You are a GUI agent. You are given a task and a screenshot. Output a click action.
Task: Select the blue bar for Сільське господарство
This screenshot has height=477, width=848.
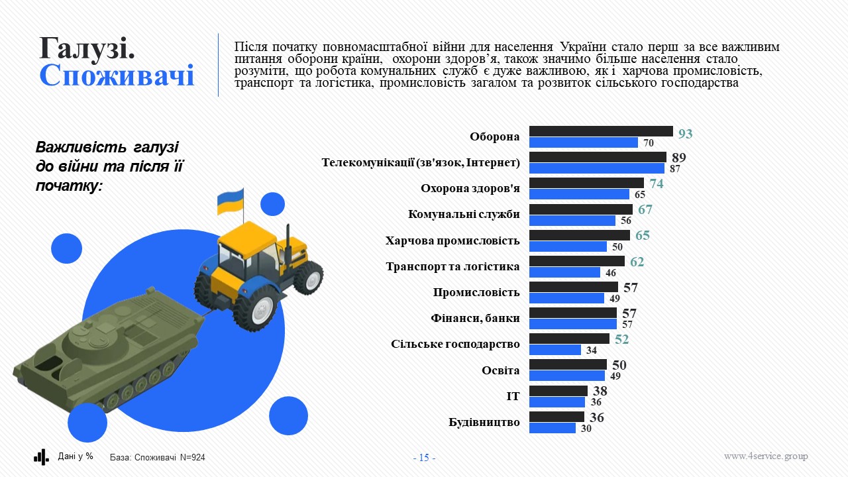point(555,350)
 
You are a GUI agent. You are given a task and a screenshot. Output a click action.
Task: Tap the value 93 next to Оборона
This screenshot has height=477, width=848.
point(685,134)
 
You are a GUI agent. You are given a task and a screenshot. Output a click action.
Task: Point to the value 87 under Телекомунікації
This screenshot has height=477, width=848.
point(675,169)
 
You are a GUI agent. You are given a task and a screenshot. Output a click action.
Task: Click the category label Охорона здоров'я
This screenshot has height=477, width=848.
point(470,189)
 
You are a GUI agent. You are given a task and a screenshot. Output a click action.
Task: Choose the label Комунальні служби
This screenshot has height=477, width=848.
point(464,215)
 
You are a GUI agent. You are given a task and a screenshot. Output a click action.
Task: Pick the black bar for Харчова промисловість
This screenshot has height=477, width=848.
point(580,235)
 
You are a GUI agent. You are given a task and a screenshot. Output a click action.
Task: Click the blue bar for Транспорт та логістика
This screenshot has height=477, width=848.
point(565,272)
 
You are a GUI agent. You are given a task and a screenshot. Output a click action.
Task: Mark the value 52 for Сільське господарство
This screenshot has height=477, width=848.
point(621,340)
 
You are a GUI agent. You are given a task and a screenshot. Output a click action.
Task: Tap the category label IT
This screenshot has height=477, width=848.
point(513,396)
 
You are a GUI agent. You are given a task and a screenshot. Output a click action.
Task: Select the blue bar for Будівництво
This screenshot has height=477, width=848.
point(553,428)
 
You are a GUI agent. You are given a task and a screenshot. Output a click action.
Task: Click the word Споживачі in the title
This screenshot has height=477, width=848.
point(117,76)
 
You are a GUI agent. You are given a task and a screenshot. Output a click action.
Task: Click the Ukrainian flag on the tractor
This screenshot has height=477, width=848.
point(231,201)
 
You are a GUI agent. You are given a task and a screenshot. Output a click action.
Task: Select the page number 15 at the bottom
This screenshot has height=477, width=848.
point(424,458)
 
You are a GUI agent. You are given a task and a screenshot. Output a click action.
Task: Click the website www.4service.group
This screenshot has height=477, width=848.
point(765,456)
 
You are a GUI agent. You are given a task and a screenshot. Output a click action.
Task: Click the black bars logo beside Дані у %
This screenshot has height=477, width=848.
point(41,456)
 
